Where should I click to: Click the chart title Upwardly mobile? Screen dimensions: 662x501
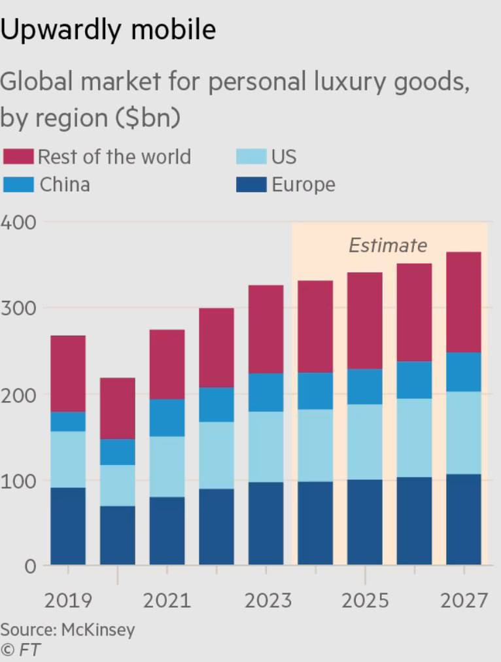click(x=108, y=30)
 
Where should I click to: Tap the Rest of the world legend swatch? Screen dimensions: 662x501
click(x=18, y=157)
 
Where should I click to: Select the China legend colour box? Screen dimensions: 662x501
click(x=18, y=184)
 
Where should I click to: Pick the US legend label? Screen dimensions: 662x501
click(x=284, y=157)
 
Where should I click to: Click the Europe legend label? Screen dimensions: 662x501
click(x=303, y=184)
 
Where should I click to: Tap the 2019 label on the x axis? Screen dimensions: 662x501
click(x=68, y=601)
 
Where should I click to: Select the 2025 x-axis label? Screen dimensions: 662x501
click(x=365, y=601)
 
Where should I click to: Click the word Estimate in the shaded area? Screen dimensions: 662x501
click(x=388, y=245)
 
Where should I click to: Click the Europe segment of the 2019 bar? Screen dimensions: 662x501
click(x=68, y=526)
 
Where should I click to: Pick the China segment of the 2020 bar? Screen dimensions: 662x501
click(x=118, y=452)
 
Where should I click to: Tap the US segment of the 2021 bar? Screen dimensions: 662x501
click(x=167, y=466)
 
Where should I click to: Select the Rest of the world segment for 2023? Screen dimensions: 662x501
click(x=266, y=329)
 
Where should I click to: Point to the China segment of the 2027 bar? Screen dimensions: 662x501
click(x=464, y=372)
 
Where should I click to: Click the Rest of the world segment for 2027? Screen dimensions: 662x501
click(x=464, y=302)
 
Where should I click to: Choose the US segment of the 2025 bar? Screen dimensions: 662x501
click(x=365, y=442)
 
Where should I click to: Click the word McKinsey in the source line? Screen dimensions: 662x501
click(x=98, y=630)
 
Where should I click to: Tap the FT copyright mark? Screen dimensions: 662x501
click(x=20, y=650)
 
